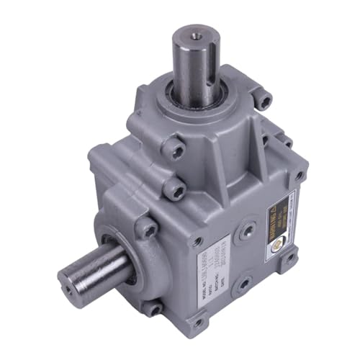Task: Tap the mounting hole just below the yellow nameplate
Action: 291,256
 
